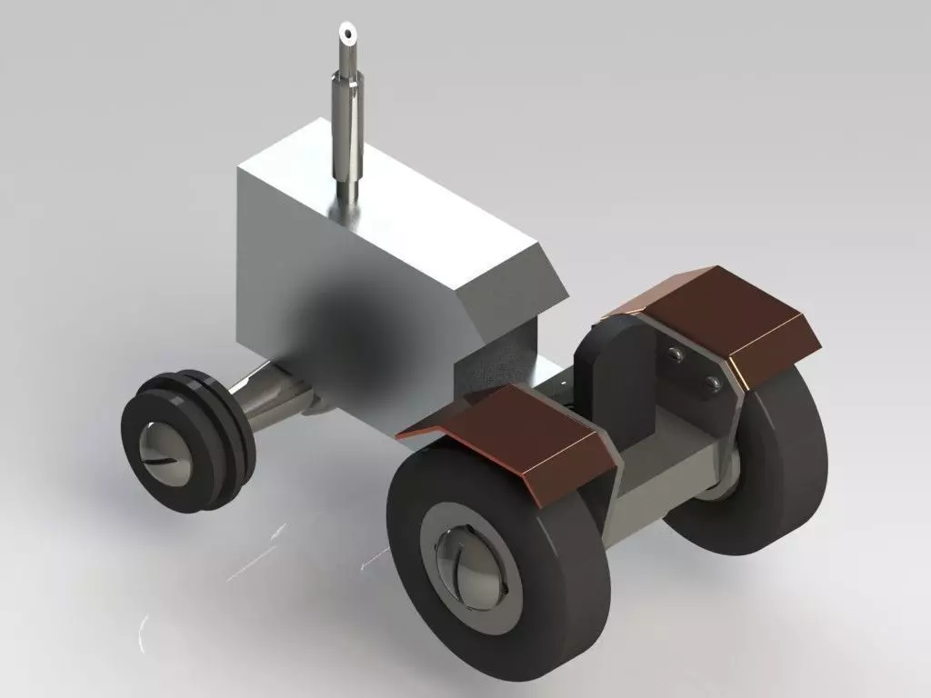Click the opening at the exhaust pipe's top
tap(347, 34)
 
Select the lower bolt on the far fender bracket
tap(712, 384)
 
